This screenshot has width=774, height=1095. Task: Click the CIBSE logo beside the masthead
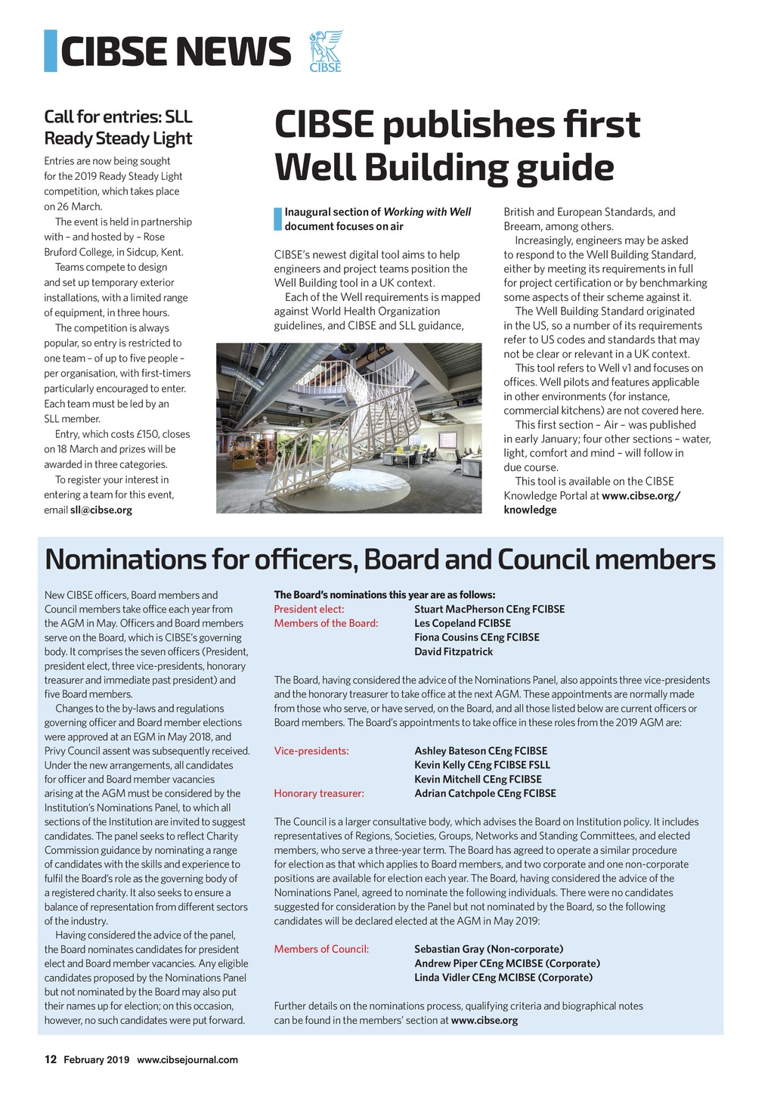coord(326,51)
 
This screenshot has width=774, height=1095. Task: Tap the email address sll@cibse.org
coord(101,510)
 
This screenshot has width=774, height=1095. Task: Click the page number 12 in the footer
coord(51,1059)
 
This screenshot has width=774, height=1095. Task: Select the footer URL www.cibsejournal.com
coord(187,1059)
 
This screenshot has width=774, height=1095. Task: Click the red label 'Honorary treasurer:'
coord(319,793)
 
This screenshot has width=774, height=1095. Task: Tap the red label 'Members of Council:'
coord(321,949)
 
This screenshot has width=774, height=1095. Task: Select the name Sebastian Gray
coord(449,949)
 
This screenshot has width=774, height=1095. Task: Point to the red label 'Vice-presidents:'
coord(311,751)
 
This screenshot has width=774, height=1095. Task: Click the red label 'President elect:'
coord(309,610)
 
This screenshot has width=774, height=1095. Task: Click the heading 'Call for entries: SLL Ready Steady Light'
coord(118,128)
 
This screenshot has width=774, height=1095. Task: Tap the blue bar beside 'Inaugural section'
coord(277,219)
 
